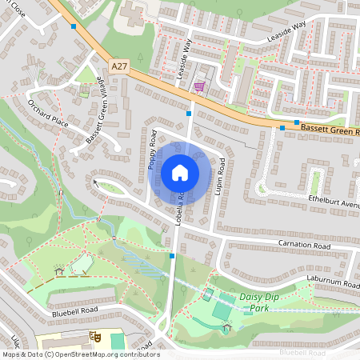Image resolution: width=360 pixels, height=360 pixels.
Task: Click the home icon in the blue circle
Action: tap(180, 173)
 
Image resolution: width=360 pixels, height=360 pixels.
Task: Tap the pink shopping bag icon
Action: tap(199, 86)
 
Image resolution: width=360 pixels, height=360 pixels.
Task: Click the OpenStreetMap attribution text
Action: tap(81, 354)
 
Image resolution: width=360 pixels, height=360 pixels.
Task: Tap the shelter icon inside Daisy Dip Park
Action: tap(227, 326)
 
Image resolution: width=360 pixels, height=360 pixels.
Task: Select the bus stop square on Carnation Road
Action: tap(172, 256)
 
